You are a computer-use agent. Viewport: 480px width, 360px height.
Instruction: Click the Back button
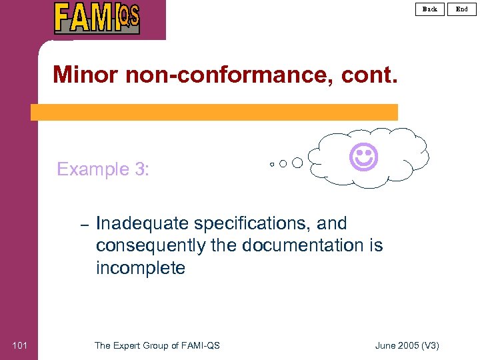(430, 9)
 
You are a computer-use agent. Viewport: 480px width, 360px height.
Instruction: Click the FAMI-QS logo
(97, 17)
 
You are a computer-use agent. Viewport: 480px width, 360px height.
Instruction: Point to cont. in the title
(369, 74)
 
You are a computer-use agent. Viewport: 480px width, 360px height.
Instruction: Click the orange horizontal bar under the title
(214, 112)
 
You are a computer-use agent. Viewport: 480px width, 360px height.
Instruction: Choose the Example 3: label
(103, 169)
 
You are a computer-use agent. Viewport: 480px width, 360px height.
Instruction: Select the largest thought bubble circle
(297, 163)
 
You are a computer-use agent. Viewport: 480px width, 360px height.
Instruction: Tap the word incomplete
(141, 268)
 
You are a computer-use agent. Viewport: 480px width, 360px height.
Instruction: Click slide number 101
(20, 345)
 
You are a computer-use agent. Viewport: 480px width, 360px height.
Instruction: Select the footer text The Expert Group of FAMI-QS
(157, 345)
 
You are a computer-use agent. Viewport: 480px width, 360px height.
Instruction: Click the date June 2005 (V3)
(407, 345)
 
